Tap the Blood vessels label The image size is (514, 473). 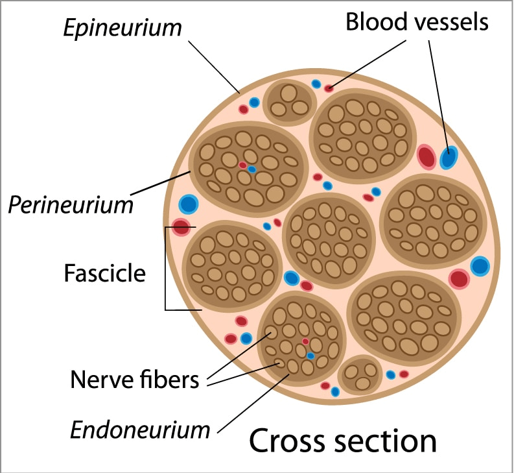[415, 22]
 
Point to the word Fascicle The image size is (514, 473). [104, 273]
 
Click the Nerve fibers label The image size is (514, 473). [134, 379]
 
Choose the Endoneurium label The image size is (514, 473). [141, 429]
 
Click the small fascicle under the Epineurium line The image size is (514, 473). [288, 101]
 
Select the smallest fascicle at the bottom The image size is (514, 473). [360, 374]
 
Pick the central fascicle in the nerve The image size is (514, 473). [329, 240]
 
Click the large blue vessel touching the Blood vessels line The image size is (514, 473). [448, 157]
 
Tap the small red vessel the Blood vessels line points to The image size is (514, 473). [329, 88]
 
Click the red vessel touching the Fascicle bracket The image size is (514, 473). [181, 228]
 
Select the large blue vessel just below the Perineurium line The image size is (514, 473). [188, 204]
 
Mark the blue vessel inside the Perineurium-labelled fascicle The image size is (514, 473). [251, 169]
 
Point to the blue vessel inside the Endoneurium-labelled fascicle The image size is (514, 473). [310, 356]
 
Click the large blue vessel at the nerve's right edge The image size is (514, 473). [480, 266]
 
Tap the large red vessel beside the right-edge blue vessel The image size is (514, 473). [459, 279]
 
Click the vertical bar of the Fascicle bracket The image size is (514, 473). [166, 268]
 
